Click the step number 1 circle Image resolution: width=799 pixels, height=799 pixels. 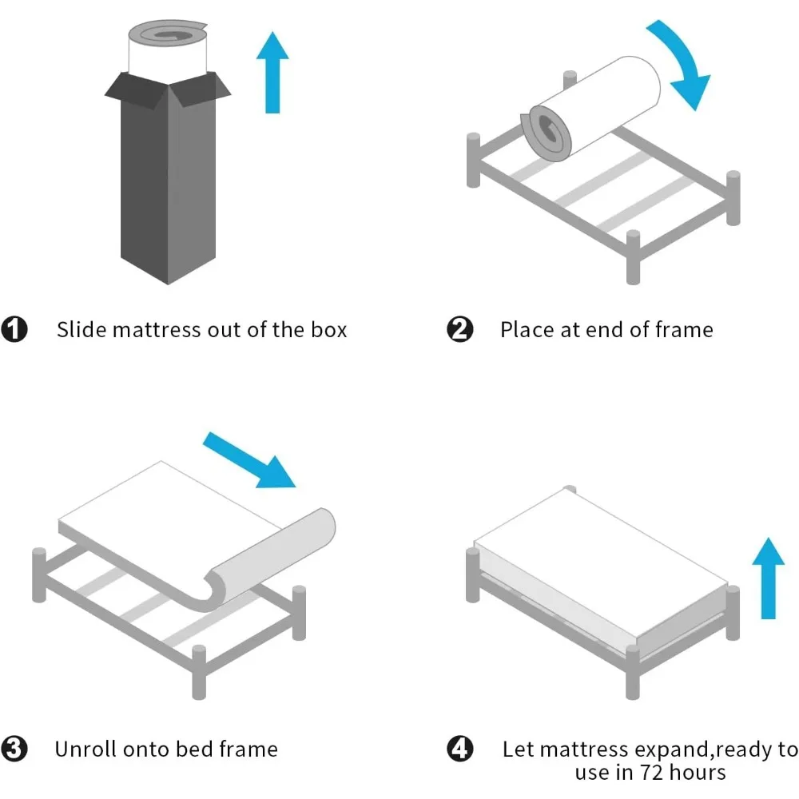click(x=14, y=329)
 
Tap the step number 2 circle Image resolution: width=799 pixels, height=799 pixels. click(x=460, y=329)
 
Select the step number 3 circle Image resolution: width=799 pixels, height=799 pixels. click(x=14, y=749)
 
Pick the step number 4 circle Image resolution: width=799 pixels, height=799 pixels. click(x=460, y=749)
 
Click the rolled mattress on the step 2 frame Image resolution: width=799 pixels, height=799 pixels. click(x=595, y=108)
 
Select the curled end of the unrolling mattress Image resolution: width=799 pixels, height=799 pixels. click(x=272, y=551)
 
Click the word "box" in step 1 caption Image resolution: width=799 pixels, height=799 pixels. click(x=328, y=329)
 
